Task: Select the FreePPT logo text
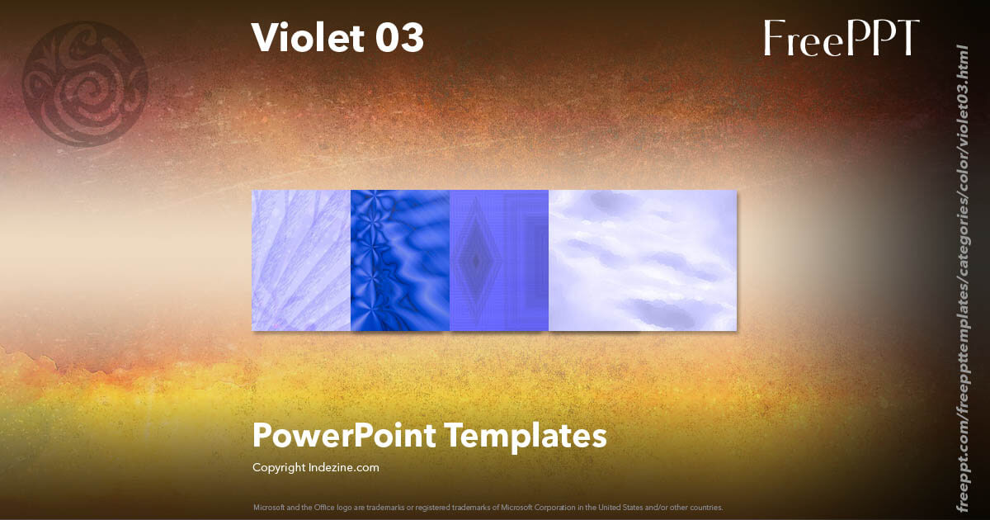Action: point(841,38)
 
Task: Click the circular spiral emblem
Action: point(85,83)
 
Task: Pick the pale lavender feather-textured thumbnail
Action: point(301,261)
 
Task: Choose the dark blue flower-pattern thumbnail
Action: point(400,261)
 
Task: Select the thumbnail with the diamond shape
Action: point(499,261)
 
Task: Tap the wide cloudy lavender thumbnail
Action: point(643,261)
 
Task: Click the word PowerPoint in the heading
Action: point(344,436)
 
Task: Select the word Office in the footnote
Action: point(319,508)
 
